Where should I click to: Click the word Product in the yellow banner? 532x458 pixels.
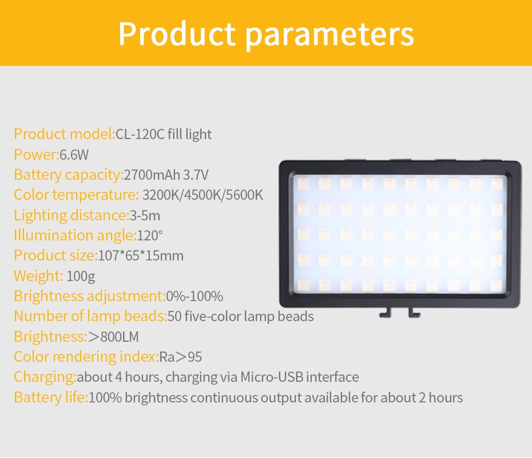(x=177, y=34)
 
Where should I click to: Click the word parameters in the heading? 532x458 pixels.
(x=329, y=34)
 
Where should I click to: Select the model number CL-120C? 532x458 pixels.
(x=140, y=135)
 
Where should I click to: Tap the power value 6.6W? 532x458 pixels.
(x=74, y=155)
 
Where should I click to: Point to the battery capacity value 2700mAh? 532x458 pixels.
(x=152, y=175)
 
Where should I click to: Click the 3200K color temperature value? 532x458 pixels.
(x=161, y=195)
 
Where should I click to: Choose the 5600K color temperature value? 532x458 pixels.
(x=244, y=195)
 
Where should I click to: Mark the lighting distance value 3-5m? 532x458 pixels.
(x=145, y=215)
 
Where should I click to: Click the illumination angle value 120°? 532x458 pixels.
(x=150, y=235)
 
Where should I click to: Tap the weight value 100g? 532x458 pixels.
(x=81, y=276)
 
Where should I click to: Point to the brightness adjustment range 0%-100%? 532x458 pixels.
(x=194, y=296)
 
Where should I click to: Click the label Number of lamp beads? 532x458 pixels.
(x=90, y=316)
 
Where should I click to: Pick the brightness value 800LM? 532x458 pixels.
(x=119, y=337)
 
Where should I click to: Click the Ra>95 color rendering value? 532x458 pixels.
(x=180, y=357)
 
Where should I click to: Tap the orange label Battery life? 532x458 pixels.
(x=51, y=397)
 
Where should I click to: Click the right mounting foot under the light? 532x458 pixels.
(x=412, y=313)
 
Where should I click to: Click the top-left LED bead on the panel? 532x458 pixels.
(x=303, y=183)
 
